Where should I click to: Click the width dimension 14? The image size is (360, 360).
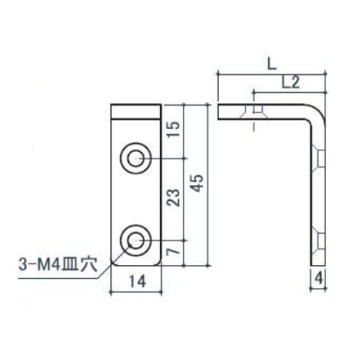(135, 282)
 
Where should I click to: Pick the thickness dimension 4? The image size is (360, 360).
(318, 276)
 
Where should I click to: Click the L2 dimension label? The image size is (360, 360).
(290, 83)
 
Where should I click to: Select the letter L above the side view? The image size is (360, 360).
(269, 63)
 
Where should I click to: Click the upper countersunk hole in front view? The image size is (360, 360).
(135, 158)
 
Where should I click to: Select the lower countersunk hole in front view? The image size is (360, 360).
(135, 238)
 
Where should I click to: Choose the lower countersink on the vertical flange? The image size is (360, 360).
(318, 238)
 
